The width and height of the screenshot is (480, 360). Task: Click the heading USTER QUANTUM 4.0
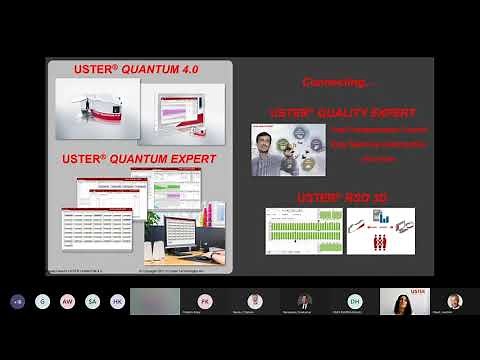pos(140,69)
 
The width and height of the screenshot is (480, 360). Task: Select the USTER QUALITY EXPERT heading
pos(342,113)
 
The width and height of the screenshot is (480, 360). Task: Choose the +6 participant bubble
pos(17,301)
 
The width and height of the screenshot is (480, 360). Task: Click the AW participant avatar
pos(67,301)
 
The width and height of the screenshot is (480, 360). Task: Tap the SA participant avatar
pos(92,301)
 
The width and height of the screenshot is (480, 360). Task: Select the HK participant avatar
pos(117,301)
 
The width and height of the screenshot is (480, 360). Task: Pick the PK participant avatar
pos(205,300)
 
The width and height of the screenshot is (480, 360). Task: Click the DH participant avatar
pos(354,300)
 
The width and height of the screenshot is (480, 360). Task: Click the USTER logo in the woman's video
pos(419,293)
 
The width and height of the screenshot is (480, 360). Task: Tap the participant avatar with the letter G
pos(42,301)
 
